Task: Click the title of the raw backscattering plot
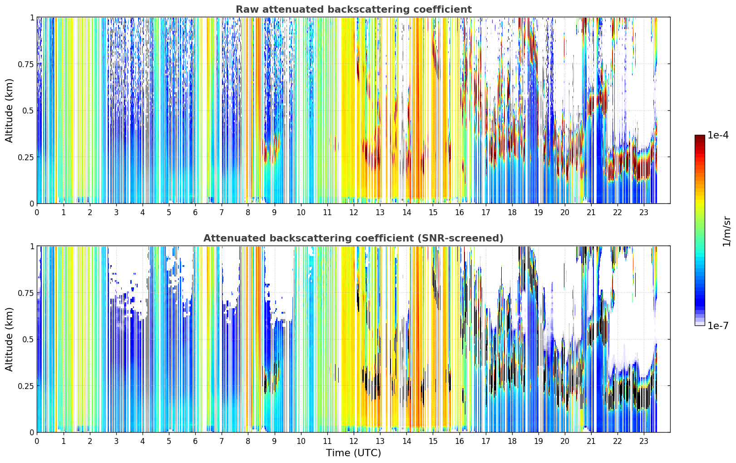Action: [354, 10]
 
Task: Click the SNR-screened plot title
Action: [354, 238]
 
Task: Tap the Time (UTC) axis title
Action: [354, 453]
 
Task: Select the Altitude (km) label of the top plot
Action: [9, 111]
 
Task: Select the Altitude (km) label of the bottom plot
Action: [9, 339]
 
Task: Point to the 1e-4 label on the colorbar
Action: [718, 135]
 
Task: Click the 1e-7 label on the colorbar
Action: [718, 326]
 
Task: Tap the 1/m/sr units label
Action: [726, 231]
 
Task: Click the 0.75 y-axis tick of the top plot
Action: [25, 64]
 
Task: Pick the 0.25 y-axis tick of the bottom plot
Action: [25, 386]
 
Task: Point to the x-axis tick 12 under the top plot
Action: [354, 212]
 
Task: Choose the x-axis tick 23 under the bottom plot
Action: [644, 441]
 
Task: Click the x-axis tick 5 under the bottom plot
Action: [169, 441]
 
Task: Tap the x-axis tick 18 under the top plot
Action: [512, 212]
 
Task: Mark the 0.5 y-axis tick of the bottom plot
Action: [28, 339]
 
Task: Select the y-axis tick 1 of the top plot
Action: [32, 18]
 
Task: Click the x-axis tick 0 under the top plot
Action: [37, 212]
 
